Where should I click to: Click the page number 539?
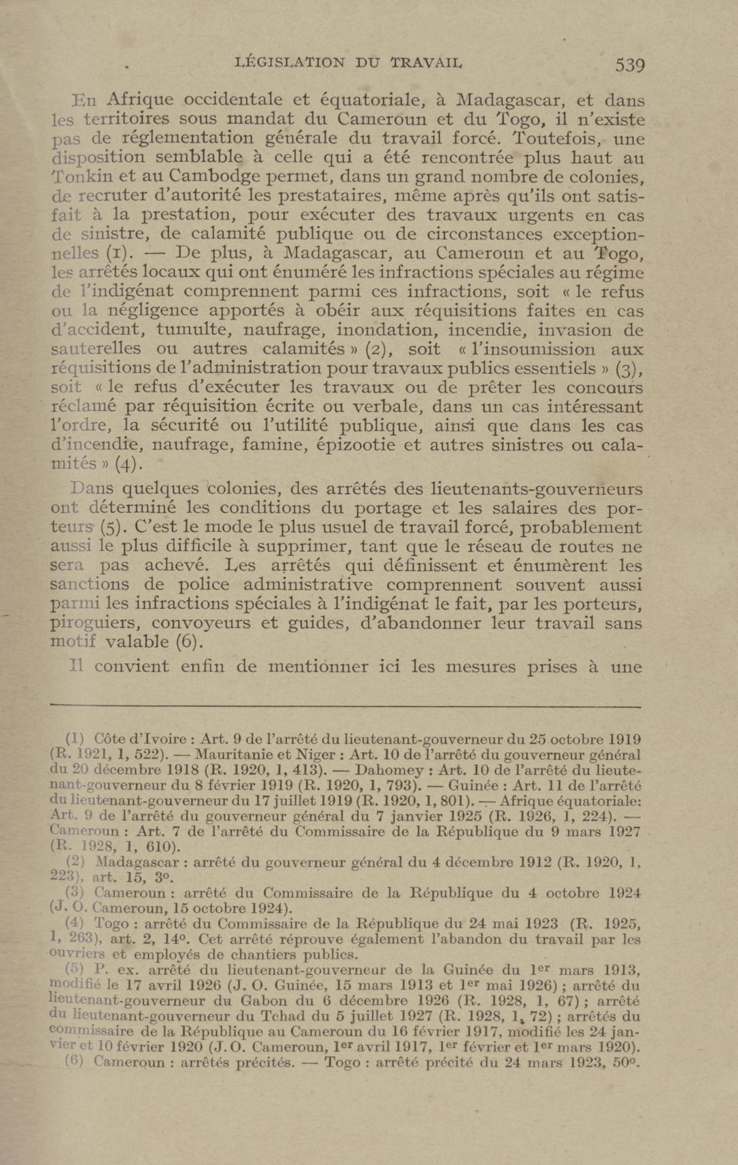pos(629,64)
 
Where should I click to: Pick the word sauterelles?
pos(96,349)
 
